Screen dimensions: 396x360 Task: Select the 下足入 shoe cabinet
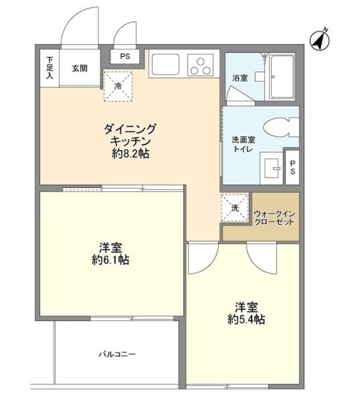coord(49,68)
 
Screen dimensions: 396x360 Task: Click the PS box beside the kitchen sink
coord(125,56)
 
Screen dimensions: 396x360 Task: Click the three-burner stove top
coord(200,65)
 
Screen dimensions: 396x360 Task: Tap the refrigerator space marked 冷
coord(117,85)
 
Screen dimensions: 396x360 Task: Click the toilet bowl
coord(279,129)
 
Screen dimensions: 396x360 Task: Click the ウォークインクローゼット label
coord(274,217)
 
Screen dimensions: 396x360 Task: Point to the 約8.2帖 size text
coord(131,154)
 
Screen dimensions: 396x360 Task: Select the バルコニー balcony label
coord(116,355)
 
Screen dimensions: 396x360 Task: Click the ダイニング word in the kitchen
coord(131,129)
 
